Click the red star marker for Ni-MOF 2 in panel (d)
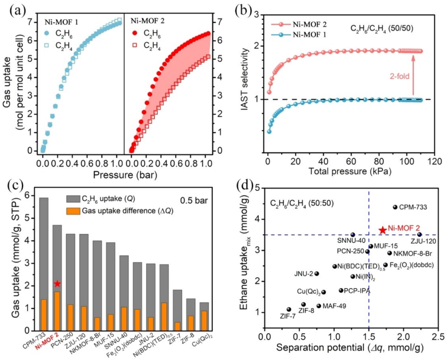point(382,230)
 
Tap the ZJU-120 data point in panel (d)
point(419,234)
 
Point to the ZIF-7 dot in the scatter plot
point(289,309)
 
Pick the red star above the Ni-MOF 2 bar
point(57,284)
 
